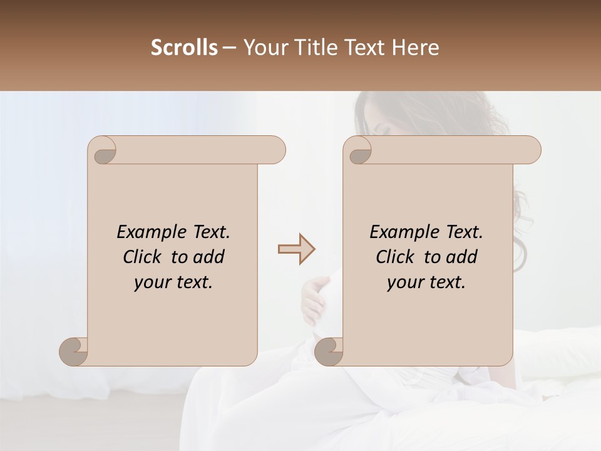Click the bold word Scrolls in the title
(184, 48)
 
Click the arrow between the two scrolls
(296, 249)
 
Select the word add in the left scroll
(209, 257)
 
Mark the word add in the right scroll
(462, 257)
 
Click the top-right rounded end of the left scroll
(275, 150)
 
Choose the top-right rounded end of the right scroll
(531, 150)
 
